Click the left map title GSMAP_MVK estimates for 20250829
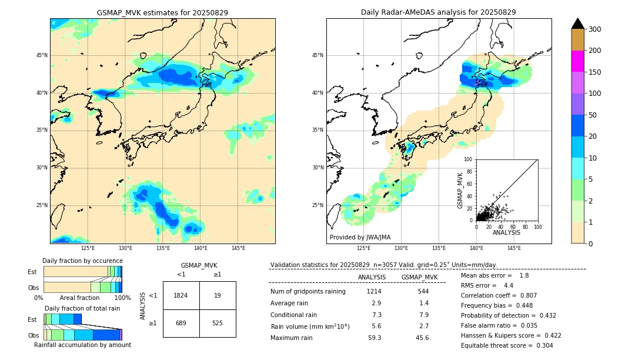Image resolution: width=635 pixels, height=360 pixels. pyautogui.click(x=162, y=12)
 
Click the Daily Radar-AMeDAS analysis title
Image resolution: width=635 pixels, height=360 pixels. pyautogui.click(x=438, y=12)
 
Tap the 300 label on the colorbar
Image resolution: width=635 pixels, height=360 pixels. pyautogui.click(x=594, y=29)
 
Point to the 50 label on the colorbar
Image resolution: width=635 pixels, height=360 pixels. pyautogui.click(x=592, y=115)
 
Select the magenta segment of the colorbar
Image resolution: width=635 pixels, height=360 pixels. pyautogui.click(x=577, y=61)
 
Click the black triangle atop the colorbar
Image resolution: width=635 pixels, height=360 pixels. pyautogui.click(x=577, y=24)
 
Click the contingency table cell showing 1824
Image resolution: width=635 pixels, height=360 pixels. pyautogui.click(x=181, y=295)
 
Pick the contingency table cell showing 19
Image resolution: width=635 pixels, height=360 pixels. pyautogui.click(x=217, y=295)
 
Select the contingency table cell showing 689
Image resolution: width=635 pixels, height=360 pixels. pyautogui.click(x=181, y=323)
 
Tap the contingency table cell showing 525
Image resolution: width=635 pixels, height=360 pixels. pyautogui.click(x=217, y=323)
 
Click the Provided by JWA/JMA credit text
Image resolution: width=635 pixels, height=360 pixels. pyautogui.click(x=360, y=238)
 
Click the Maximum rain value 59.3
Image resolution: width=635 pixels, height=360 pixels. pyautogui.click(x=374, y=338)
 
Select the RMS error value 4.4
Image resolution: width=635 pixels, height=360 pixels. pyautogui.click(x=508, y=285)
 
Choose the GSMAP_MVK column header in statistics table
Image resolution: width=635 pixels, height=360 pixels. pyautogui.click(x=419, y=278)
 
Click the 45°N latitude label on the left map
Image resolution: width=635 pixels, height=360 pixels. pyautogui.click(x=42, y=55)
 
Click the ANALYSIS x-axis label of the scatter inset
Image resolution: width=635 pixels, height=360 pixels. pyautogui.click(x=506, y=232)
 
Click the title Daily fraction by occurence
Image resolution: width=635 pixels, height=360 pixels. pyautogui.click(x=82, y=261)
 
